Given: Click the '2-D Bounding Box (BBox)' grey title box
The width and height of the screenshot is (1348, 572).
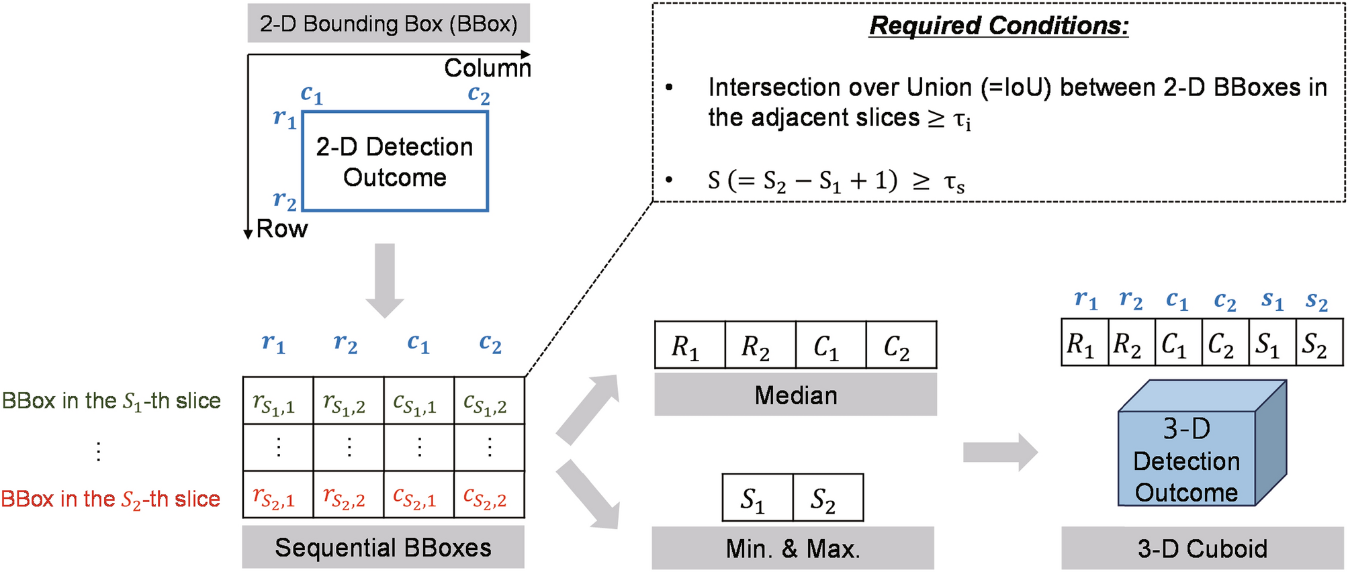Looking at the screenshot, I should point(388,23).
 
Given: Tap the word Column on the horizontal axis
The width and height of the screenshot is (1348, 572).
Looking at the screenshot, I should point(487,68).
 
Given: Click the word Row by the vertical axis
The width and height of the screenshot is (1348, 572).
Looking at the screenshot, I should point(282,229).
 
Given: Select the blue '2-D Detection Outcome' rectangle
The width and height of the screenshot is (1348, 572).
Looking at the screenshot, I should point(395,162).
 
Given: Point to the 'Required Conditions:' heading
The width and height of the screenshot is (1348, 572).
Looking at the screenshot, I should point(998,26).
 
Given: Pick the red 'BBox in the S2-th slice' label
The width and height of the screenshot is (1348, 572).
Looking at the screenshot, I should point(111,499).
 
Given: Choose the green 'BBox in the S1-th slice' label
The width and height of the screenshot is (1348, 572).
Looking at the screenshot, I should point(111,401).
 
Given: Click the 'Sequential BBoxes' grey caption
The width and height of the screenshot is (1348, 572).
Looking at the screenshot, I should point(383,547).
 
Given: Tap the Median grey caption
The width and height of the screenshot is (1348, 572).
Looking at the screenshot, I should point(795,395).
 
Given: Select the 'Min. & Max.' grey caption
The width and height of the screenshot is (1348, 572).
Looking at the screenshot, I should point(793,549).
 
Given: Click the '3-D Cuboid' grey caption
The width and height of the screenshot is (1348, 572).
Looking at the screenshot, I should point(1202,549).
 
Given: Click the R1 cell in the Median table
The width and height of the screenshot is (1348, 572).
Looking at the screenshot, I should point(689,346).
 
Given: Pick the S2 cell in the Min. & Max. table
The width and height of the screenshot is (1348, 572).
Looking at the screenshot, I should point(827,498).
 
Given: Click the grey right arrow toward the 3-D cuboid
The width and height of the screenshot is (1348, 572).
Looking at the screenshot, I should point(999,452).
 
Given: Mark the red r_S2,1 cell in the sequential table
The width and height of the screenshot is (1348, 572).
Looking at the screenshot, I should point(277,495).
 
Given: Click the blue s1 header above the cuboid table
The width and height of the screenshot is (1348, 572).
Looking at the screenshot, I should point(1271,300).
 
